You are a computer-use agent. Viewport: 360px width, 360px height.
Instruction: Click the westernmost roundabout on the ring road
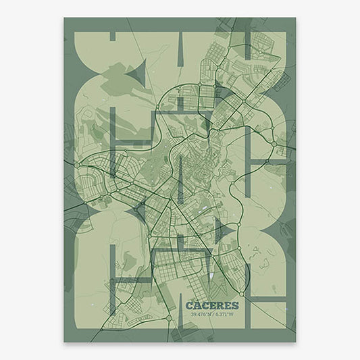tap(78, 164)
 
